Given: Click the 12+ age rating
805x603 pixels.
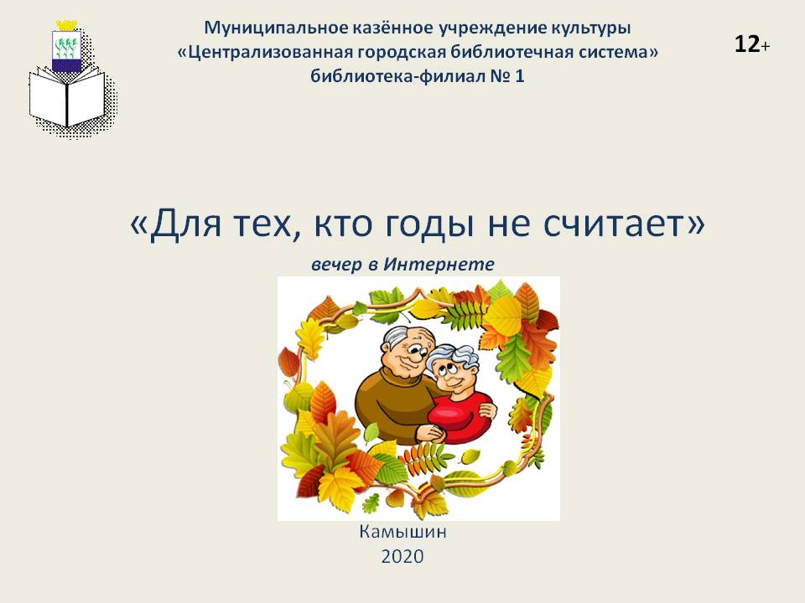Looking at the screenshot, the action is click(x=752, y=44).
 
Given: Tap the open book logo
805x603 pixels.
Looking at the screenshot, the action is click(x=67, y=97).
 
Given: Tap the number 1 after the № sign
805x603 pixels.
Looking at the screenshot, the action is click(x=519, y=76).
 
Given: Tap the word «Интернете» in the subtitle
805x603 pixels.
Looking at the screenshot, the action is click(x=439, y=264).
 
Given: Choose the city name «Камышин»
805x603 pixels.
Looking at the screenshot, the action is click(x=402, y=532).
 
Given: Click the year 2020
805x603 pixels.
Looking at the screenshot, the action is click(x=402, y=556).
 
